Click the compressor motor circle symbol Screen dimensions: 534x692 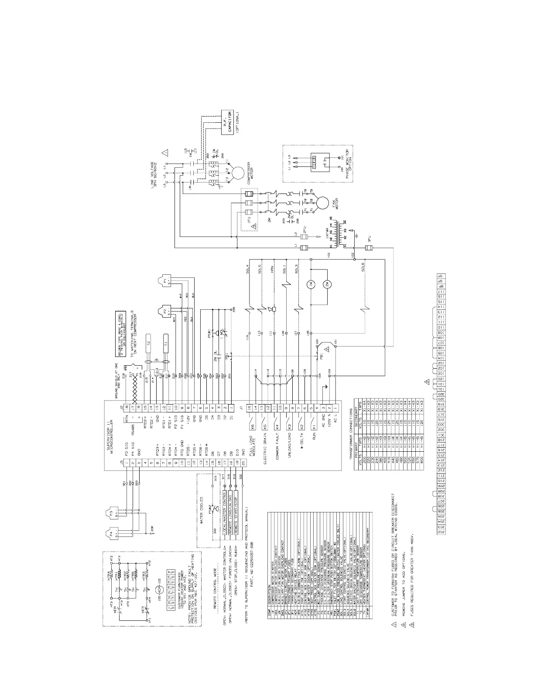pos(238,172)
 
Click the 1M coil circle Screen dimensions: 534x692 pos(311,284)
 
